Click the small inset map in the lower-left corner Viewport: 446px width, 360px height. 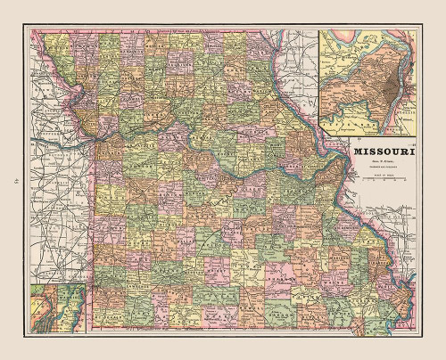click(x=53, y=304)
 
